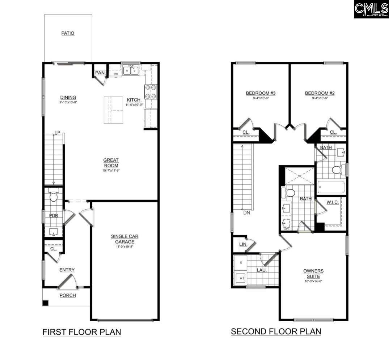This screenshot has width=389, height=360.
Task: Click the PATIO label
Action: [x=68, y=33]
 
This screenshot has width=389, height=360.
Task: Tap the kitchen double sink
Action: [x=131, y=71]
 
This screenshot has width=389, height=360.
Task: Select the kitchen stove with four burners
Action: [x=151, y=91]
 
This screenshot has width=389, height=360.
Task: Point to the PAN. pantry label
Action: [x=100, y=73]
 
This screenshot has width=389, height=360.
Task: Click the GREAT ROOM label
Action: [x=111, y=163]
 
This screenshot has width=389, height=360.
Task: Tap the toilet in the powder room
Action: [x=54, y=196]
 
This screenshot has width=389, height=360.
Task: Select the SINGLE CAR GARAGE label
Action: [x=124, y=239]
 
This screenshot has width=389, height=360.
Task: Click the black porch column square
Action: [x=45, y=303]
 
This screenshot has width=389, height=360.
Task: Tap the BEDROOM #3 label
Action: [x=261, y=93]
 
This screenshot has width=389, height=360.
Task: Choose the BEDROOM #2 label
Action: [x=320, y=93]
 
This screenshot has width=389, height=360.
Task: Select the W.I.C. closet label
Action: [x=332, y=202]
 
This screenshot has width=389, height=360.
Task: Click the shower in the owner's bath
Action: [x=299, y=176]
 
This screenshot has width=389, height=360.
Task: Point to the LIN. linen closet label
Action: [x=243, y=245]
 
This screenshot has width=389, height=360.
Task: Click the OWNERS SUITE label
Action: [x=313, y=273]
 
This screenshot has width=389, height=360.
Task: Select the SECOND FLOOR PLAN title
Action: [x=276, y=331]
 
